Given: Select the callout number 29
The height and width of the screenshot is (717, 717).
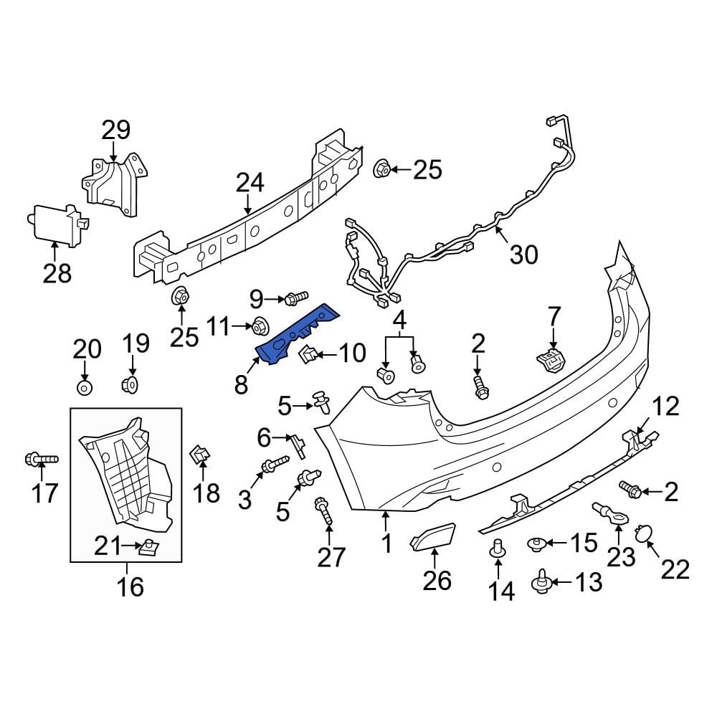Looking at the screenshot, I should [x=115, y=130].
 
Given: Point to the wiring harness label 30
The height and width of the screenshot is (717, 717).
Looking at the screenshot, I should [x=523, y=254].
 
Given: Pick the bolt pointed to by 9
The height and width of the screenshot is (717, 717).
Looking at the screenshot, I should [x=296, y=295].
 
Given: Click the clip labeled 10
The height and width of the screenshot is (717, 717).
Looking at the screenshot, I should [x=307, y=353].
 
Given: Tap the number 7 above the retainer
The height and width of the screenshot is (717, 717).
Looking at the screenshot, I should [x=554, y=316].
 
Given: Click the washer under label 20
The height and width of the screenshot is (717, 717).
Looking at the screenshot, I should [x=85, y=388].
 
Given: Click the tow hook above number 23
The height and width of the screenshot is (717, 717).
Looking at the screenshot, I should [x=606, y=513].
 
